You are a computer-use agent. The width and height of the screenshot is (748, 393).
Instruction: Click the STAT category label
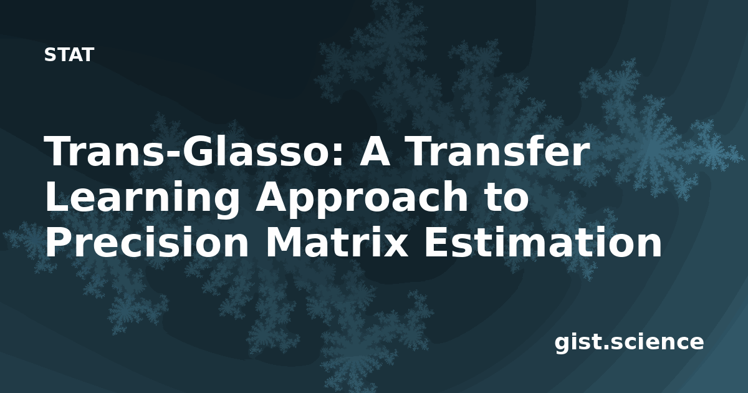pyautogui.click(x=69, y=55)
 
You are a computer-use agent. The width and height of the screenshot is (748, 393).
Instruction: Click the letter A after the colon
pyautogui.click(x=375, y=151)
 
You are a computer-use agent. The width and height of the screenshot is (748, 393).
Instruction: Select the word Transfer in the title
pyautogui.click(x=496, y=150)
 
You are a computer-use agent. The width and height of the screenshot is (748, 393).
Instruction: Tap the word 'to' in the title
pyautogui.click(x=507, y=198)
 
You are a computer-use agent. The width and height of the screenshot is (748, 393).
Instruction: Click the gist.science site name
pyautogui.click(x=629, y=343)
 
